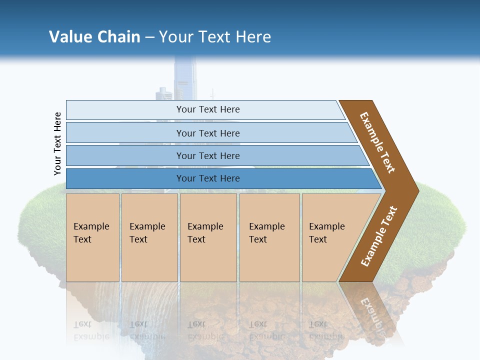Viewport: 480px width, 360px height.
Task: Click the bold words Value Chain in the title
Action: pyautogui.click(x=94, y=37)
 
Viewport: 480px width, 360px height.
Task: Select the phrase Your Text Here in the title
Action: pyautogui.click(x=215, y=37)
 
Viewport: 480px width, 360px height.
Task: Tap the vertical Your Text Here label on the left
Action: pyautogui.click(x=58, y=144)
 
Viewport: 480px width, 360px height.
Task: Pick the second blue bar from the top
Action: pyautogui.click(x=207, y=133)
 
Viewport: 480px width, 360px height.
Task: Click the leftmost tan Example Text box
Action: pyautogui.click(x=92, y=237)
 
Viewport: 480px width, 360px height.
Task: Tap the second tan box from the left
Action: pyautogui.click(x=149, y=237)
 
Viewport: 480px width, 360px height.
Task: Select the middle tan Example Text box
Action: pyautogui.click(x=208, y=237)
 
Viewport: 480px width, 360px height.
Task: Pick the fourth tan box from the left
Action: pyautogui.click(x=269, y=237)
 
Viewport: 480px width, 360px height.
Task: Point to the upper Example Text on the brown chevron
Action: pyautogui.click(x=378, y=142)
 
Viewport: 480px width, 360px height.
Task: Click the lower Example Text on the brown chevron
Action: pyautogui.click(x=379, y=236)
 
